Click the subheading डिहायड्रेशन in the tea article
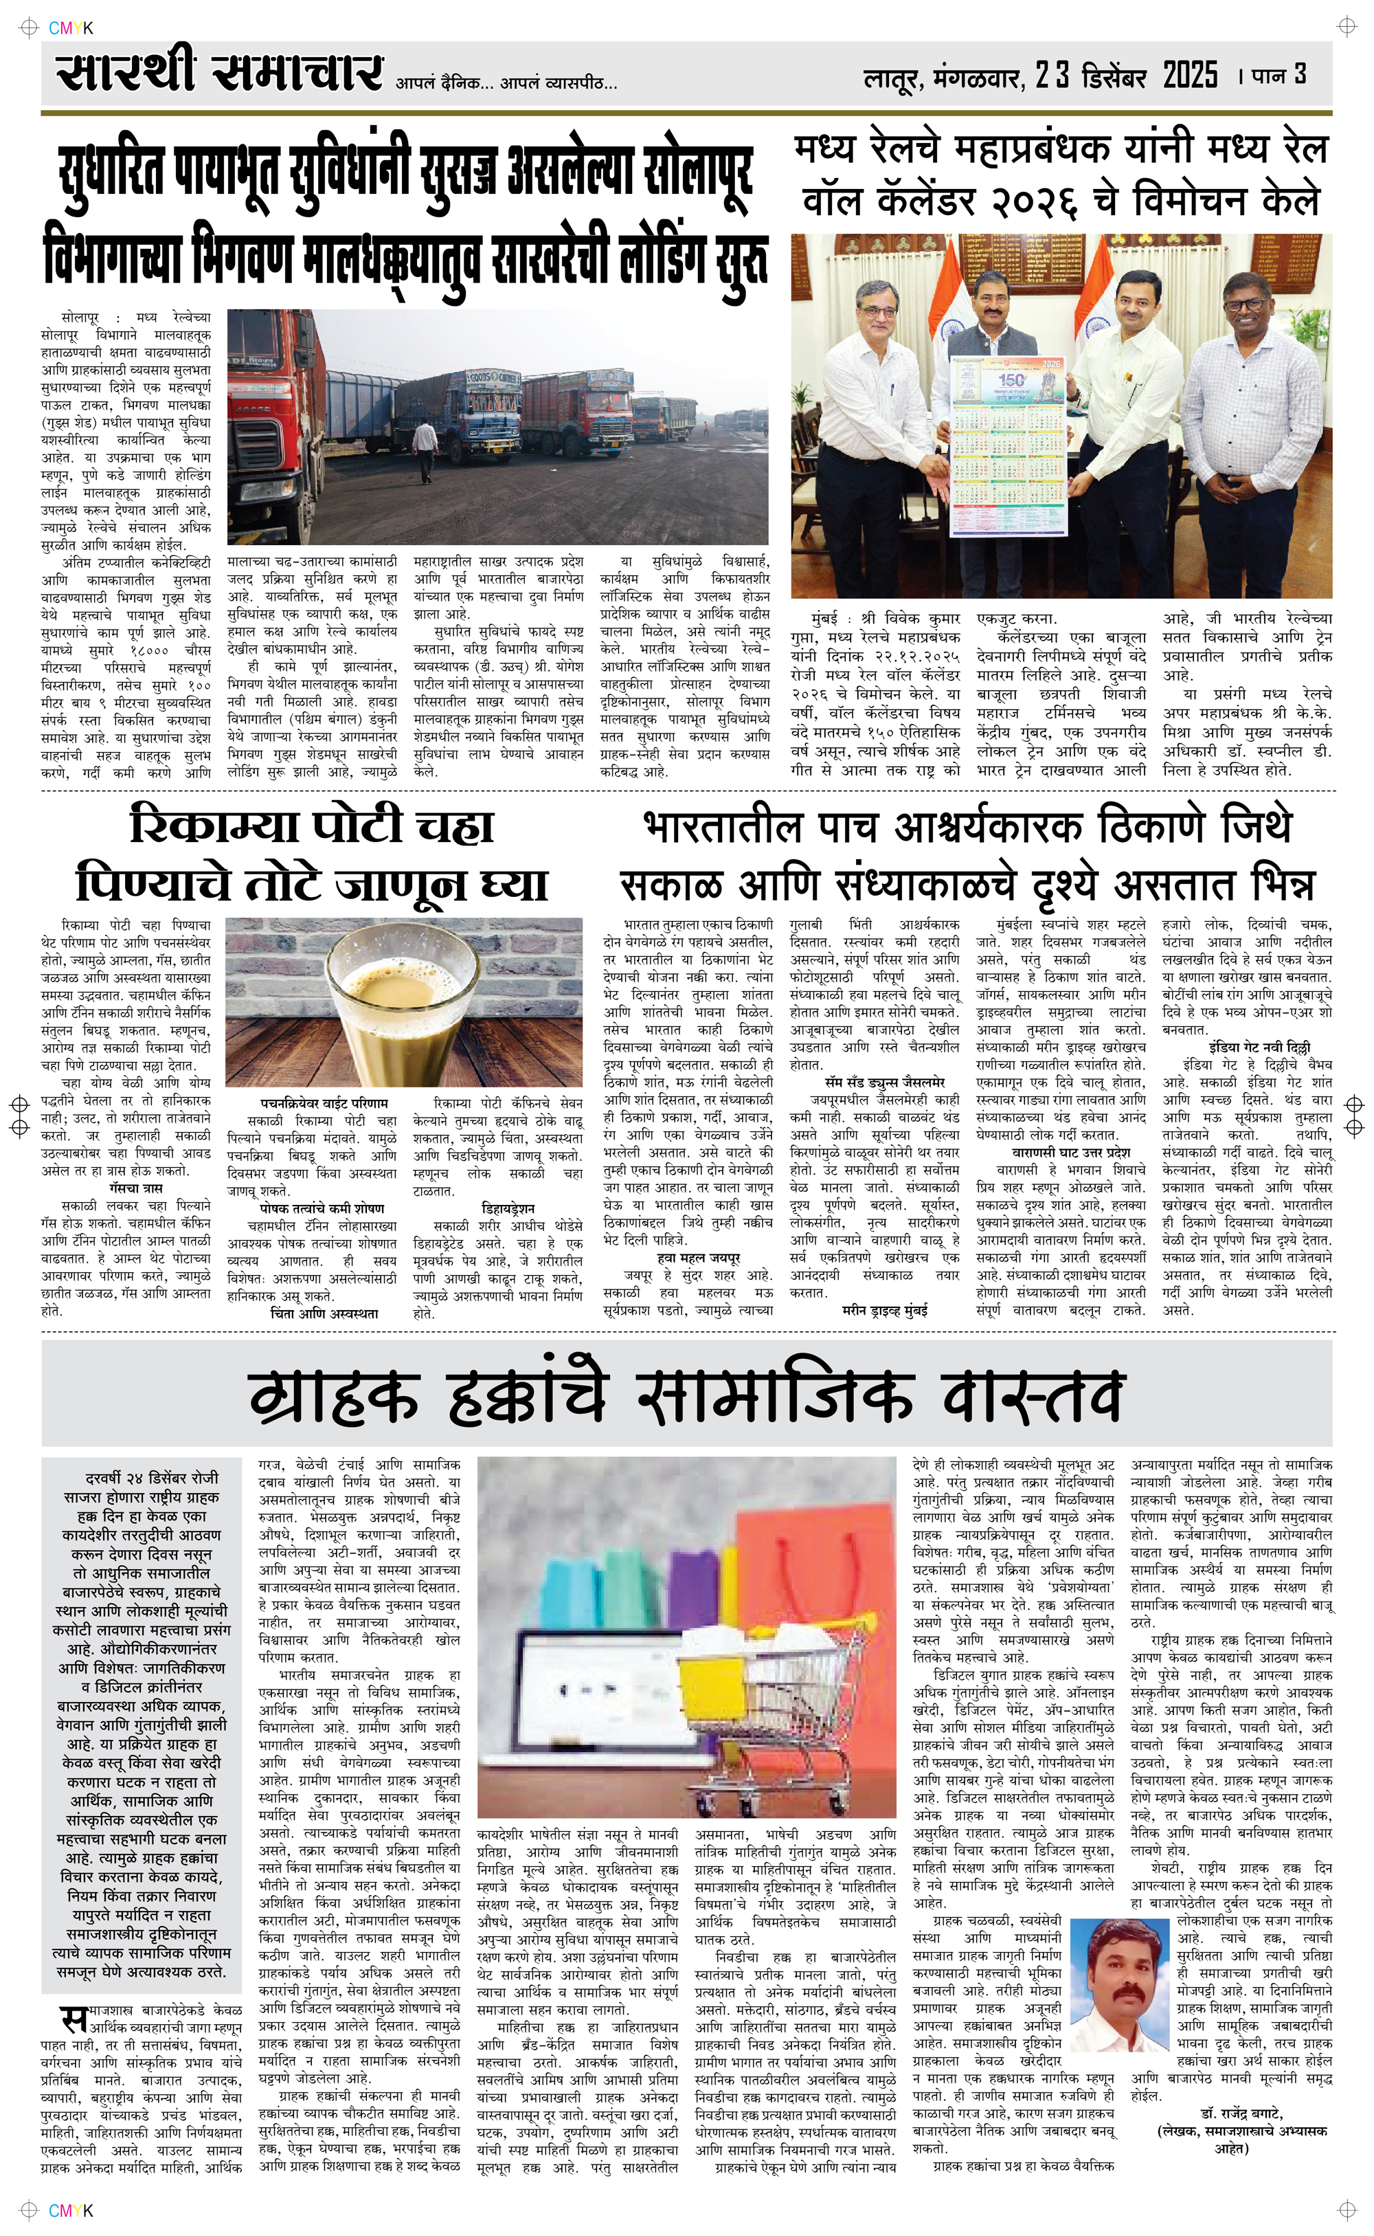point(508,1209)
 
